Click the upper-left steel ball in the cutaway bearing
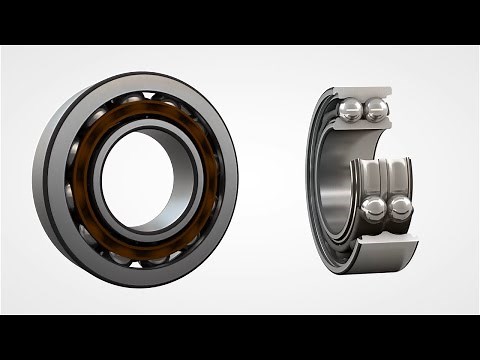click(x=352, y=110)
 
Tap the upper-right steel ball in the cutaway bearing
click(x=376, y=110)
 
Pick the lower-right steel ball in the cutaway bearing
click(x=400, y=208)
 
